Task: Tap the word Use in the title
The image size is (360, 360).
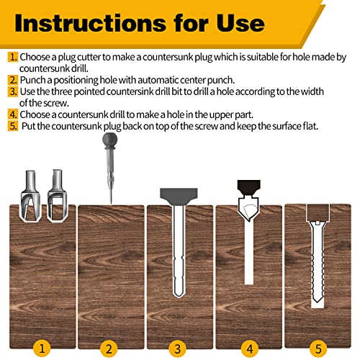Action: pyautogui.click(x=240, y=22)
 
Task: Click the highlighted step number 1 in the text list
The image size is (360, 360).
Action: pyautogui.click(x=13, y=56)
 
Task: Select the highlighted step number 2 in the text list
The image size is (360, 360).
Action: pyautogui.click(x=13, y=80)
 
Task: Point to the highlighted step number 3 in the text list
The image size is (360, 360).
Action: pyautogui.click(x=13, y=91)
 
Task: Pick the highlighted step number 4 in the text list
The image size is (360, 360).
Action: pyautogui.click(x=13, y=113)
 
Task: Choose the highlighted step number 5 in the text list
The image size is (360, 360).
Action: pyautogui.click(x=13, y=125)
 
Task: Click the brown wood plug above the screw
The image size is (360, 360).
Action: pyautogui.click(x=318, y=211)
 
